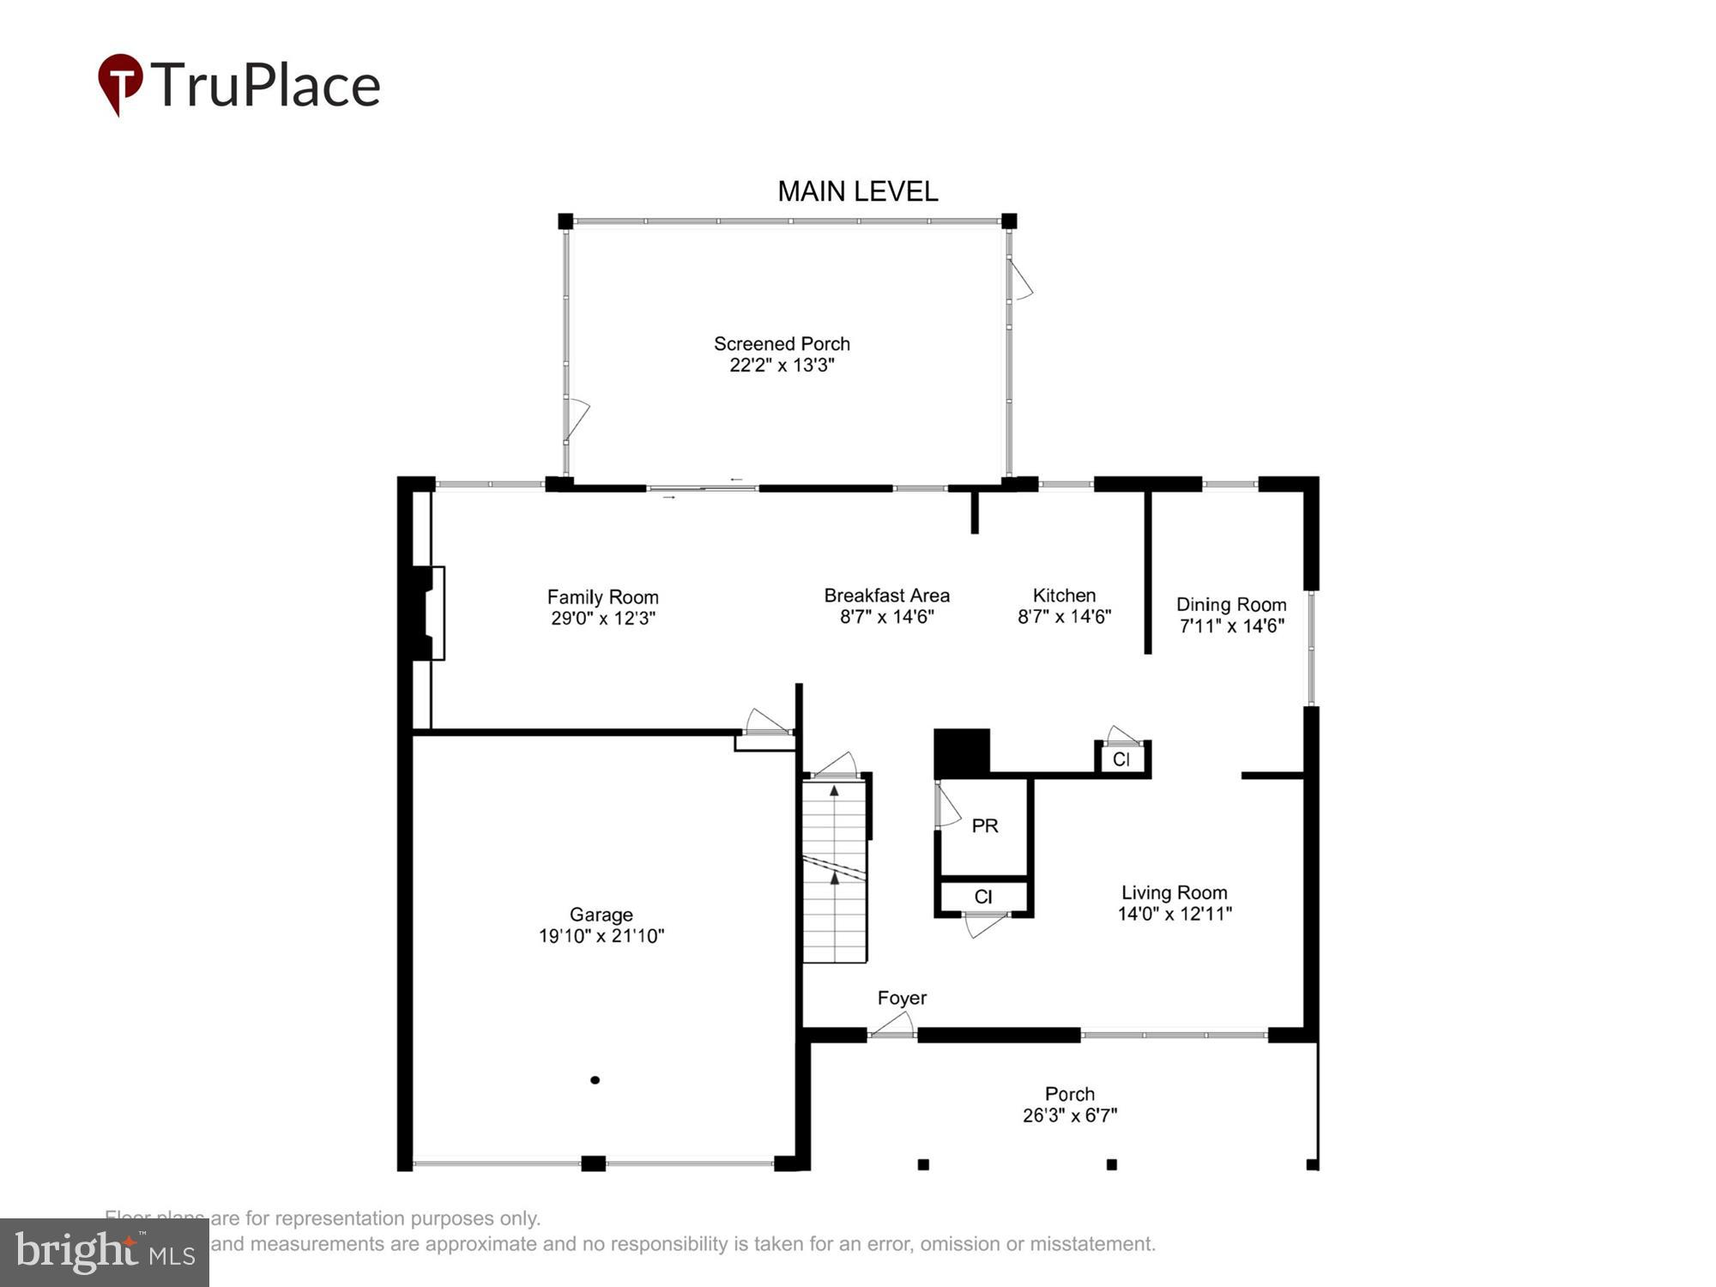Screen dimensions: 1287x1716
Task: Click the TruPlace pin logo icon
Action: pos(120,84)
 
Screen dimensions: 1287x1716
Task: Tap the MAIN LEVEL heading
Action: pos(857,191)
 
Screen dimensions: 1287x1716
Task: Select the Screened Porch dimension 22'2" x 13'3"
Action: pos(782,366)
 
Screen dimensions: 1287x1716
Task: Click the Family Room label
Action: pos(602,596)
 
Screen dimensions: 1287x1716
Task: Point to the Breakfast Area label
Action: pos(886,595)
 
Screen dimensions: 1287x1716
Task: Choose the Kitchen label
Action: pos(1064,595)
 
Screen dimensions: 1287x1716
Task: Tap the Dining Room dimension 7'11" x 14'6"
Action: pos(1231,626)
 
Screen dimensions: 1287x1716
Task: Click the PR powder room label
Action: pos(984,825)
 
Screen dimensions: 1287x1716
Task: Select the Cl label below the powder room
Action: pos(983,897)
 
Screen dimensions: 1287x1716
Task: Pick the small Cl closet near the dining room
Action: pos(1121,759)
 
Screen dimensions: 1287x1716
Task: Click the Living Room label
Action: pos(1174,892)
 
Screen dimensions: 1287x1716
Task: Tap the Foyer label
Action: pos(902,998)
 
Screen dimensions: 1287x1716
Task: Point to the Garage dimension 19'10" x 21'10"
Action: pos(601,936)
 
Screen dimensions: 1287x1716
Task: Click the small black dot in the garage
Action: pos(595,1080)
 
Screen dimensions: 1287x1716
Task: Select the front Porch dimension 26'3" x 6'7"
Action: pos(1069,1115)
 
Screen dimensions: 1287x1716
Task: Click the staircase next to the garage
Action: pos(835,871)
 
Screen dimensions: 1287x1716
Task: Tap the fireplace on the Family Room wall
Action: pos(429,613)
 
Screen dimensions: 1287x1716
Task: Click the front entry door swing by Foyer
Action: pos(894,1024)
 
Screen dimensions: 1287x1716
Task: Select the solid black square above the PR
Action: pos(961,752)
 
